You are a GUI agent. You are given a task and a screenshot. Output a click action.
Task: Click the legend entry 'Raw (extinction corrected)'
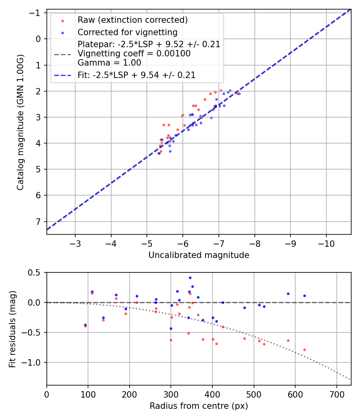pos(132,20)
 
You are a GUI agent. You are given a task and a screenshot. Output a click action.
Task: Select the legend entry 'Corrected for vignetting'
pos(127,32)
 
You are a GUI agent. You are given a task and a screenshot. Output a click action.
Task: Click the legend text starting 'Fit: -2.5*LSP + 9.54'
pos(136,75)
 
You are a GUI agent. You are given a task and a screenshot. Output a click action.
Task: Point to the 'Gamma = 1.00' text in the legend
pos(109,62)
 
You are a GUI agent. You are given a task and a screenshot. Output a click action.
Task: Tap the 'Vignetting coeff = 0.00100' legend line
pos(134,53)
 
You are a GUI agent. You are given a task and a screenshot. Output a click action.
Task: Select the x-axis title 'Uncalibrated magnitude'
pos(199,255)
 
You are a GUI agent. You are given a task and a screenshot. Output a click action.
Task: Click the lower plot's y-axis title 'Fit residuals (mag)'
pos(12,329)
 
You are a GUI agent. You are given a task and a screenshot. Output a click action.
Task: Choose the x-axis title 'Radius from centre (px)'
pos(199,406)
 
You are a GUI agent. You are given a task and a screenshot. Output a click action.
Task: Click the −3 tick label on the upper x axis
pos(75,244)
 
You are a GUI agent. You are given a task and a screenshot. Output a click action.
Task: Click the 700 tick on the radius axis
pos(336,394)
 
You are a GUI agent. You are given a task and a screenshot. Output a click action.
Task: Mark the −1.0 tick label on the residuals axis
pos(34,362)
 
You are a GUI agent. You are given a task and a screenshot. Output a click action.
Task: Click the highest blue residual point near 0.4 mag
pos(190,278)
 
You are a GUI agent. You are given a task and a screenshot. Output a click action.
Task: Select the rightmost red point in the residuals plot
pos(304,350)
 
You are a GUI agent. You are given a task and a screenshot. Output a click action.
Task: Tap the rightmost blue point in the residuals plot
pos(304,296)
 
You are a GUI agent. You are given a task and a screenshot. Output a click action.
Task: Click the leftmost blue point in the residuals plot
pos(85,325)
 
